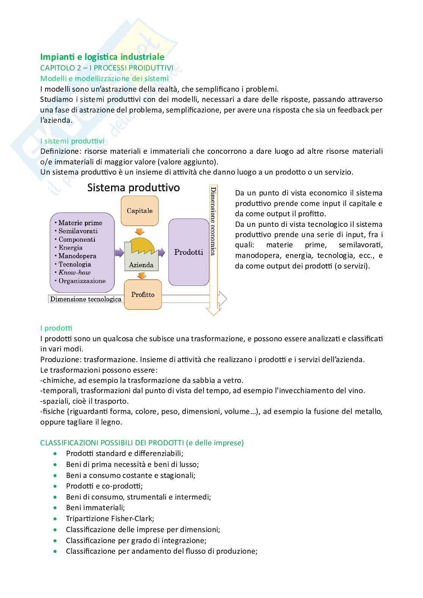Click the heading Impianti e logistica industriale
pos(102,57)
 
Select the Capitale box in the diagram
pos(139,211)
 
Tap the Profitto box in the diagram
pos(143,294)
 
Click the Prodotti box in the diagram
pos(188,252)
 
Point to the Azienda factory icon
pos(141,254)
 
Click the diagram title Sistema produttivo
pos(133,187)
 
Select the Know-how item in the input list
pos(74,272)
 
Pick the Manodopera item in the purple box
pos(77,256)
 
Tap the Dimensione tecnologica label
pos(86,299)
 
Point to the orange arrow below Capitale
pos(140,231)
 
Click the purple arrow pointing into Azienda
pos(119,252)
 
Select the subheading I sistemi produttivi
pos(72,141)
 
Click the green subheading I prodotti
pos(56,328)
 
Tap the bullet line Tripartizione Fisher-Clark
pos(110,518)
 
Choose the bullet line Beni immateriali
pos(95,507)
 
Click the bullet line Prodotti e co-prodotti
pos(104,486)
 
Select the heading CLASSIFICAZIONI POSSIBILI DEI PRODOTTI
pos(112,443)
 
